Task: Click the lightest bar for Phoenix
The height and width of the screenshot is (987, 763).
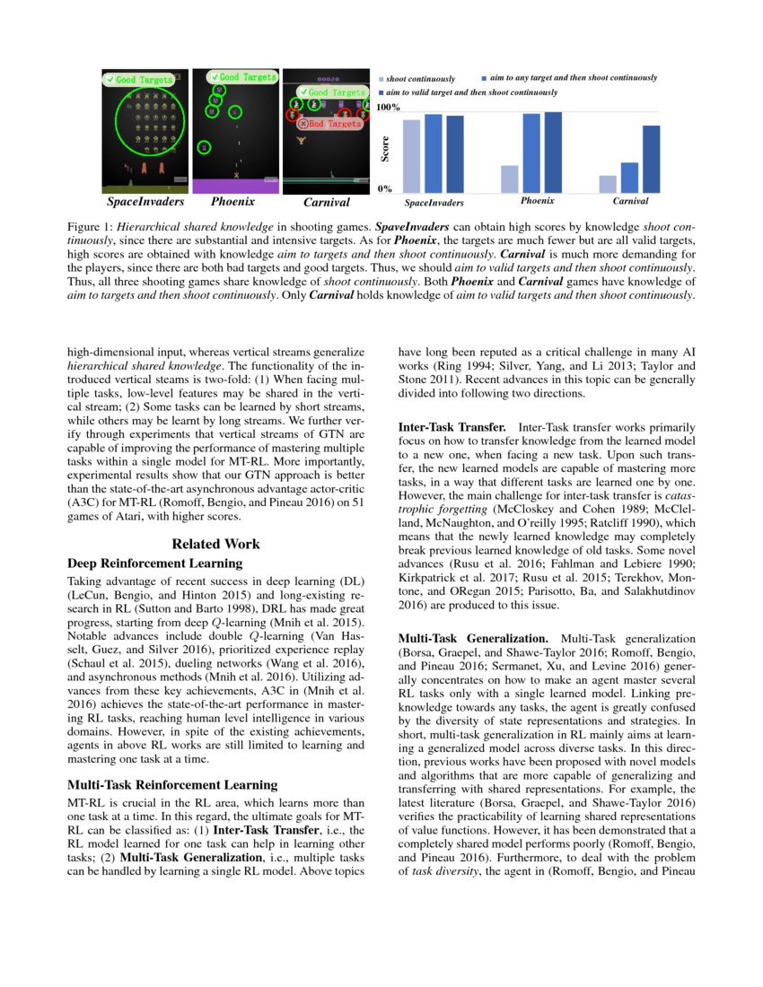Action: click(x=509, y=179)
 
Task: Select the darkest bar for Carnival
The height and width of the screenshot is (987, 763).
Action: click(x=652, y=159)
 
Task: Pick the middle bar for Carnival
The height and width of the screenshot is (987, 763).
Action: click(x=629, y=177)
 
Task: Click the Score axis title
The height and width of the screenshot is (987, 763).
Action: click(x=384, y=149)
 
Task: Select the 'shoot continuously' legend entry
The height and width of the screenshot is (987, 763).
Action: click(x=420, y=80)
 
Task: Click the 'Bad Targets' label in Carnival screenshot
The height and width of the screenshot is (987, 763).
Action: click(x=329, y=124)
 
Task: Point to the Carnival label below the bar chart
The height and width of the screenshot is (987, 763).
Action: click(x=631, y=201)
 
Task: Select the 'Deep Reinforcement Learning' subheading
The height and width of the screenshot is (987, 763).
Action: click(x=154, y=563)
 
